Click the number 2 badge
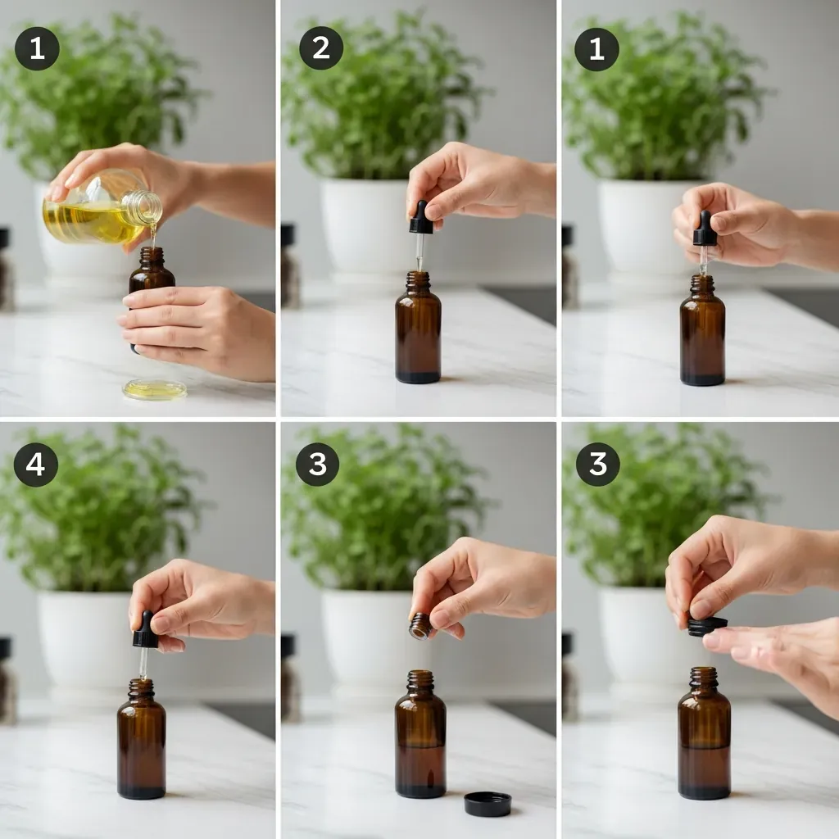pyautogui.click(x=321, y=48)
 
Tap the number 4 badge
pyautogui.click(x=36, y=464)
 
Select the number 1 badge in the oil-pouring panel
pyautogui.click(x=37, y=48)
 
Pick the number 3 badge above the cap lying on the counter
pyautogui.click(x=318, y=464)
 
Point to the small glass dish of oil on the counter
pyautogui.click(x=155, y=389)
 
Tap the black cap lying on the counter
pyautogui.click(x=488, y=804)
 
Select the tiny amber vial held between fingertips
pyautogui.click(x=420, y=626)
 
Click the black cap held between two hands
pyautogui.click(x=706, y=626)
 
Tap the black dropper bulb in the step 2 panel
pyautogui.click(x=420, y=217)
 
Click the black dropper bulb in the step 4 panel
pyautogui.click(x=145, y=630)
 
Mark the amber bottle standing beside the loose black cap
pyautogui.click(x=420, y=733)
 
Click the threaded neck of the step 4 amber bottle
pyautogui.click(x=141, y=689)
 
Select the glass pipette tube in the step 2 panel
pyautogui.click(x=420, y=252)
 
